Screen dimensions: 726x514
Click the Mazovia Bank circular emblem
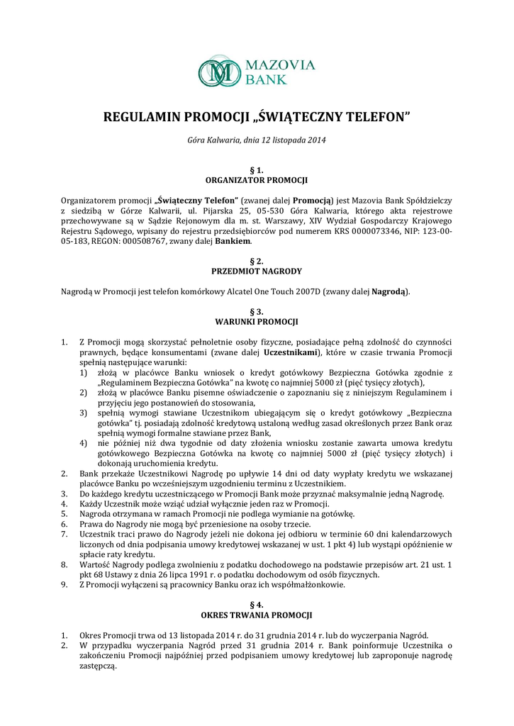(219, 72)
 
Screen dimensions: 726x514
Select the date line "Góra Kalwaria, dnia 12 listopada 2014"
(257, 142)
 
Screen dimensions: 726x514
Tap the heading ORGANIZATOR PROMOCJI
(257, 180)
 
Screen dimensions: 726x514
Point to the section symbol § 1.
(257, 170)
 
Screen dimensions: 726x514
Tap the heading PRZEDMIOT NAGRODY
(257, 271)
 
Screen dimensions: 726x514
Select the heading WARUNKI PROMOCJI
(257, 321)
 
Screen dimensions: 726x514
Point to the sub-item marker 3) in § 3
(83, 412)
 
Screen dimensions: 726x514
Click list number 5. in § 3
(65, 513)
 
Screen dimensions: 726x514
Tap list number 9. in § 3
(65, 585)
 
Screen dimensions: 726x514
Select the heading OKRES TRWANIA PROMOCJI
(257, 615)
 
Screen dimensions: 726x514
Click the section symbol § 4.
(257, 605)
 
